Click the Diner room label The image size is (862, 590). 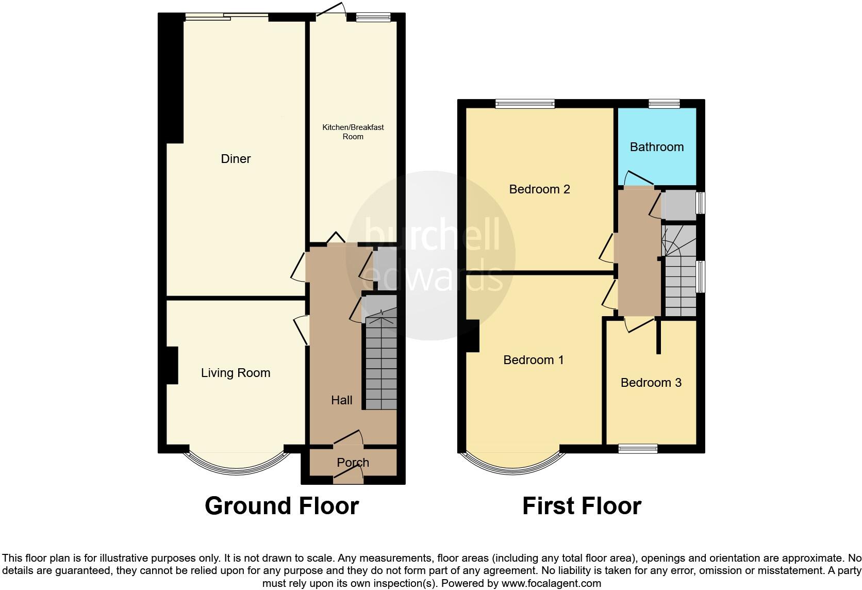pyautogui.click(x=236, y=159)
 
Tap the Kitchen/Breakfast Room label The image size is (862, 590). pyautogui.click(x=353, y=132)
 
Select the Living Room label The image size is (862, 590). pyautogui.click(x=236, y=373)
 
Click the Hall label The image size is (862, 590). pyautogui.click(x=341, y=400)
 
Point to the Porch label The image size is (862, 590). pyautogui.click(x=353, y=463)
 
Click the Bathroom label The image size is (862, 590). pyautogui.click(x=657, y=147)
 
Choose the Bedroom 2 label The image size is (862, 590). pyautogui.click(x=539, y=189)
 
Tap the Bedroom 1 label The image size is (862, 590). pyautogui.click(x=534, y=360)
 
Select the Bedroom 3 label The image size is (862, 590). pyautogui.click(x=651, y=383)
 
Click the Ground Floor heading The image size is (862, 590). pyautogui.click(x=281, y=506)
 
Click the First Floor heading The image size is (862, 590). pyautogui.click(x=582, y=506)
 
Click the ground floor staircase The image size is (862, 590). pyautogui.click(x=381, y=366)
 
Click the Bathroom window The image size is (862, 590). pyautogui.click(x=664, y=104)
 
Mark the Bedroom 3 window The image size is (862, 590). pyautogui.click(x=638, y=449)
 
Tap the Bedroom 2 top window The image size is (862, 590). pyautogui.click(x=525, y=104)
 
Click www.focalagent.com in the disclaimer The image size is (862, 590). pyautogui.click(x=551, y=584)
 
